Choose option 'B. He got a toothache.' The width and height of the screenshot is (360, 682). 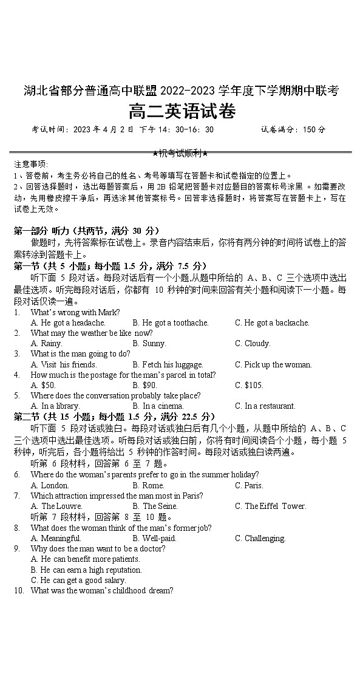[171, 322]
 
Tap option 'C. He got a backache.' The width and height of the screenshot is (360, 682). [272, 322]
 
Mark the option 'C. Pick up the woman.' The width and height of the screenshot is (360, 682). [273, 364]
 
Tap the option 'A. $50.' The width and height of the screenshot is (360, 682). [43, 385]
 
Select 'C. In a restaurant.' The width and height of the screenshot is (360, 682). [265, 406]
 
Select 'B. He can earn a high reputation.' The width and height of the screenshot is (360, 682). [86, 570]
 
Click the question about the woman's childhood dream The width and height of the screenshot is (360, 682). [102, 590]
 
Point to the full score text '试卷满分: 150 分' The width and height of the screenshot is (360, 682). [293, 129]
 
